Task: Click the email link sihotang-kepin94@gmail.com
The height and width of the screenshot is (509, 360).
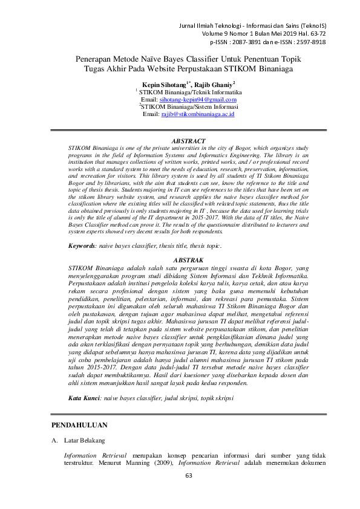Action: pyautogui.click(x=197, y=99)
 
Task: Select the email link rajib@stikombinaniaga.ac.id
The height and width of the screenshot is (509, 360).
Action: pyautogui.click(x=197, y=114)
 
